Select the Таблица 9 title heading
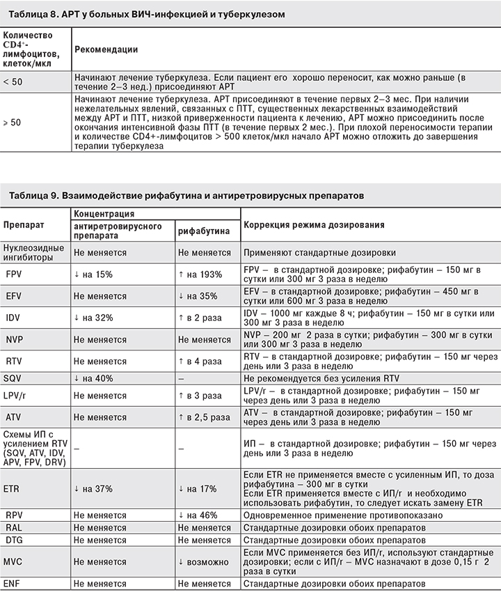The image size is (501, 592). (x=186, y=196)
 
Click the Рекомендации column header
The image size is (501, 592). (x=106, y=49)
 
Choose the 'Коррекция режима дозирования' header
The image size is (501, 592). (x=313, y=226)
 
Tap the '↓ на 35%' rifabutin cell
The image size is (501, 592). (x=200, y=296)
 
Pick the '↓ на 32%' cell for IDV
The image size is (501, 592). (x=93, y=318)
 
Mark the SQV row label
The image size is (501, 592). (x=15, y=378)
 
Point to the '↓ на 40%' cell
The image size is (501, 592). (x=93, y=378)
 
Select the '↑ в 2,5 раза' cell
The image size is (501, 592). (x=204, y=417)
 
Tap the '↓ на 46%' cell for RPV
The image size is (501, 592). (x=200, y=515)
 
